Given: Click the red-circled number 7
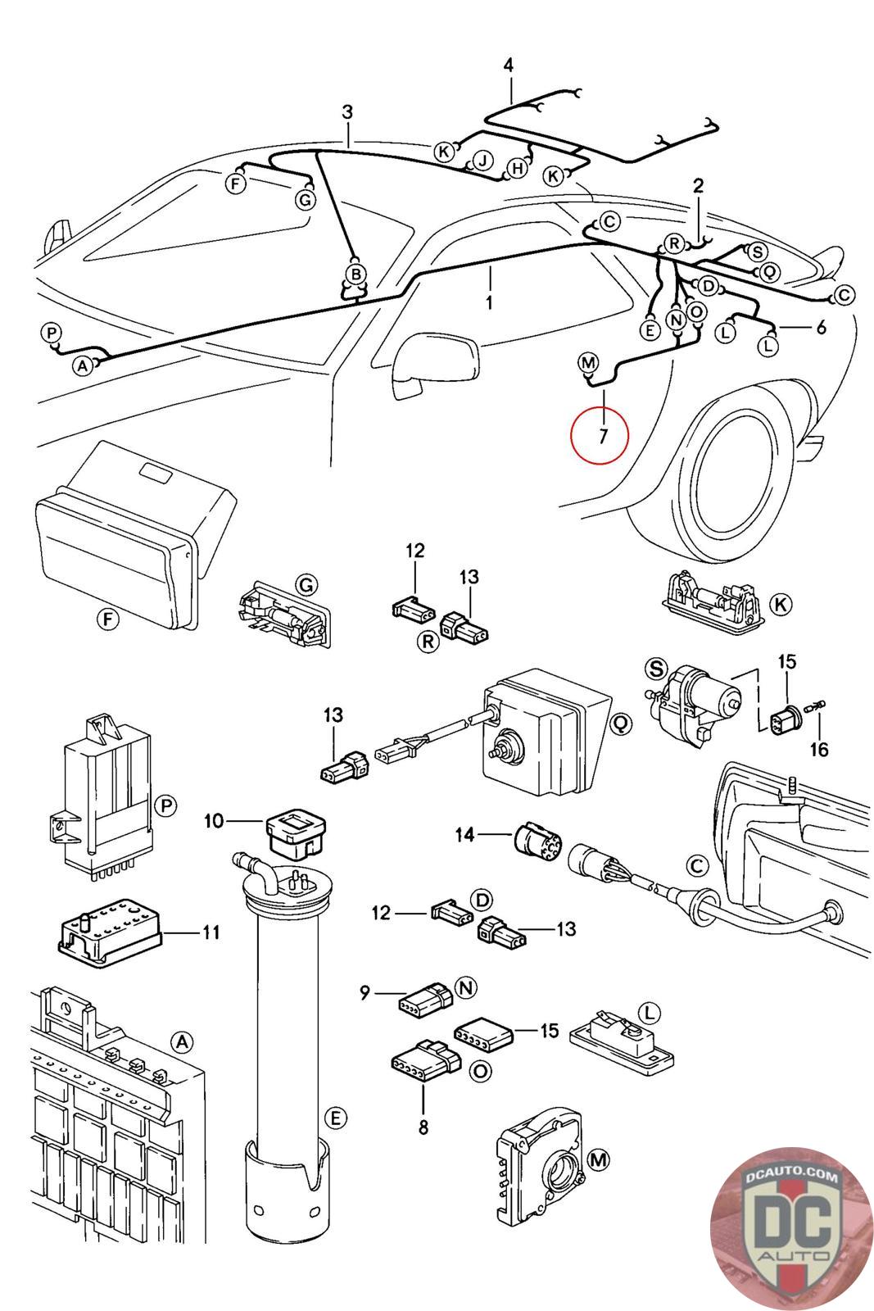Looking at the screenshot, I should [603, 436].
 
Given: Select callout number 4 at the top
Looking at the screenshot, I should [509, 65].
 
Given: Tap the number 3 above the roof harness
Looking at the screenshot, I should [347, 111].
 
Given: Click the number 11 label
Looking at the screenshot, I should [211, 932].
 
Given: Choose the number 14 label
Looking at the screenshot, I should [464, 835].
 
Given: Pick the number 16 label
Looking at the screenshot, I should [819, 748].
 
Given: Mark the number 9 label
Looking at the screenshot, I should [365, 993].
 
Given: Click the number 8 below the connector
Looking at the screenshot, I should [423, 1127].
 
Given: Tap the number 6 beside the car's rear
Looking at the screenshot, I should [820, 328].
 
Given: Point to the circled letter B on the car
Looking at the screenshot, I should [355, 273].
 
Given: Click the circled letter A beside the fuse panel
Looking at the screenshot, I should [182, 1041].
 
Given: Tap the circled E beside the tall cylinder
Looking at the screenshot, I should [335, 1117].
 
